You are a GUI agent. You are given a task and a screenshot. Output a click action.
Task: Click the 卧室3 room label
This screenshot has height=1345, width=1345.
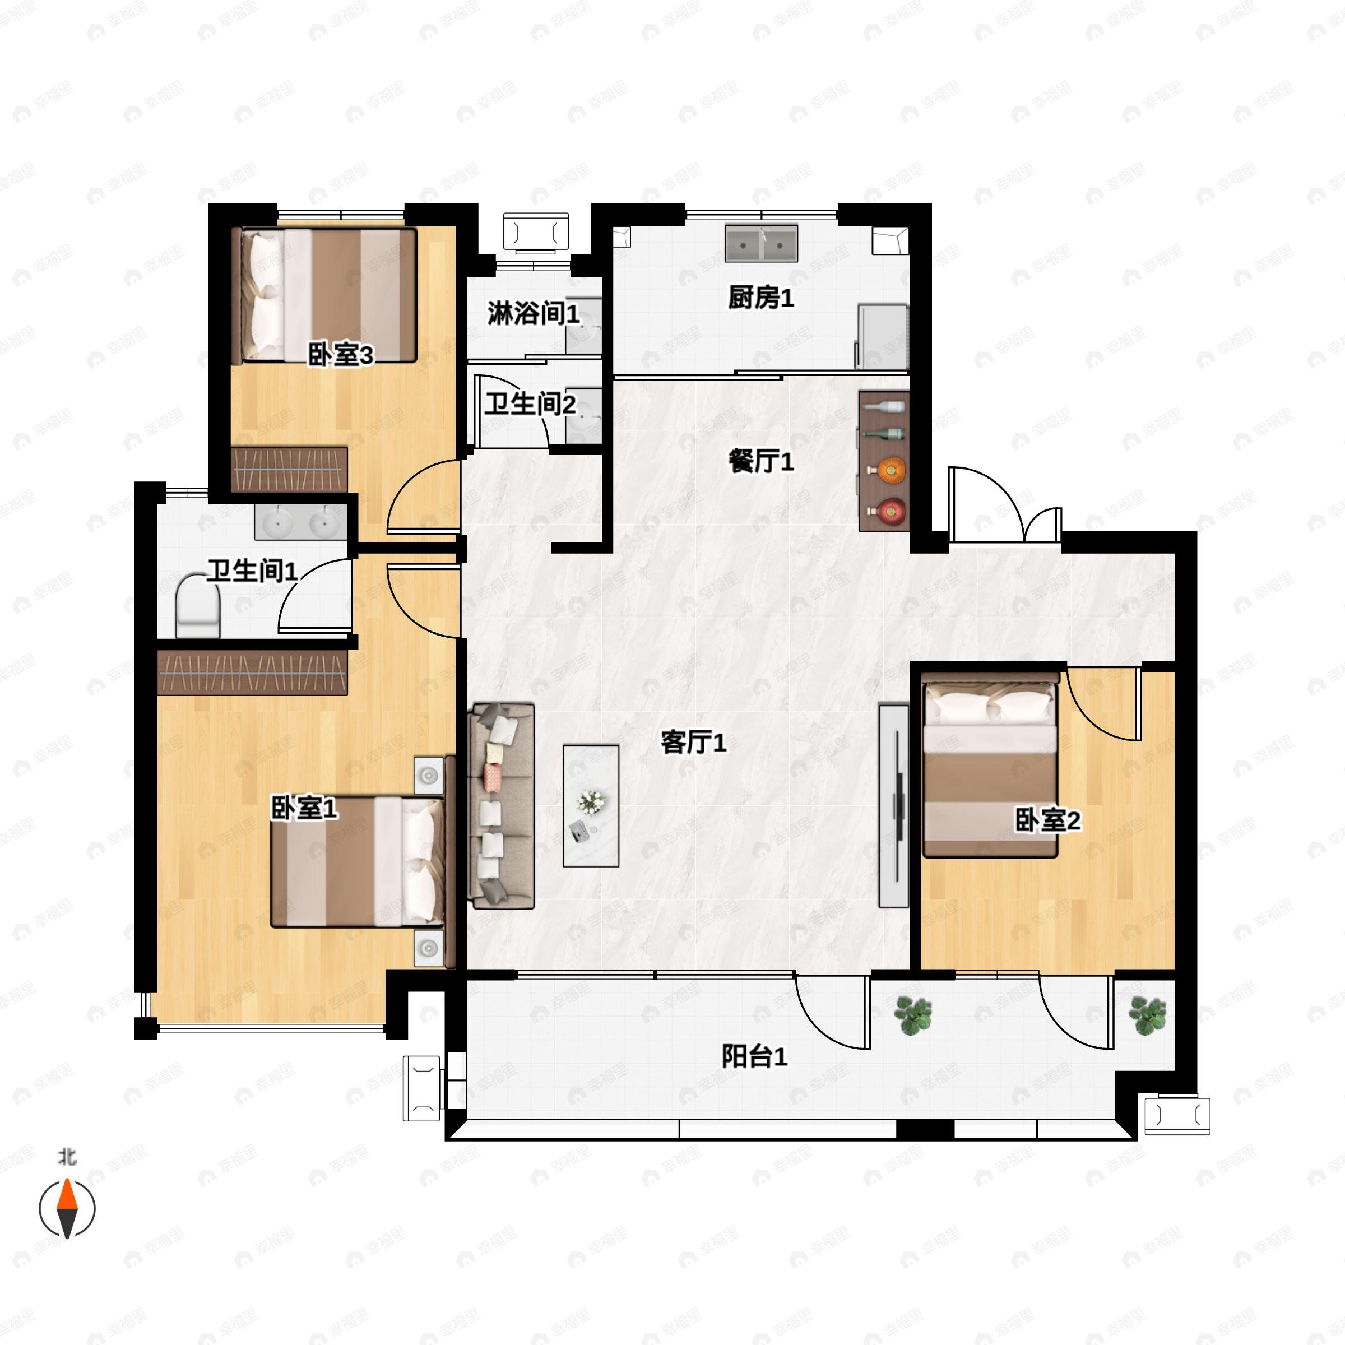[340, 355]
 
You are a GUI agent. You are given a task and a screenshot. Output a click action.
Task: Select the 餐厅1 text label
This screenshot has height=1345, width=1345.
[761, 461]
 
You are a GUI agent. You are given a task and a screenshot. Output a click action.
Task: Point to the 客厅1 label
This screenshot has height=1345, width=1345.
[693, 742]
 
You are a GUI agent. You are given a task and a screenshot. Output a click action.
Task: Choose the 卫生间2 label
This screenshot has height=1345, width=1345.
[531, 403]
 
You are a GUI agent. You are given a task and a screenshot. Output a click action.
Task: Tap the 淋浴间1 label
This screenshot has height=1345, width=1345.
[534, 313]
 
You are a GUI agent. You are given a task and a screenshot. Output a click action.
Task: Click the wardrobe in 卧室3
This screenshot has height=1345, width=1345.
[289, 469]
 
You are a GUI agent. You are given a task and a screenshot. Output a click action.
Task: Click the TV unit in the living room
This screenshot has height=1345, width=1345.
[894, 805]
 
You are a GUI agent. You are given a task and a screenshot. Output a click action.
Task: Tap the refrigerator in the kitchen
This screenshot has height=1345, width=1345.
[883, 337]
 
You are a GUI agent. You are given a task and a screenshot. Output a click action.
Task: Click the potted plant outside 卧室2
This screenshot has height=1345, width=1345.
[1147, 1015]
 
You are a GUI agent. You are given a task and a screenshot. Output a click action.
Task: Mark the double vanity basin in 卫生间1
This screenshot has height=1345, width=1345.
[300, 521]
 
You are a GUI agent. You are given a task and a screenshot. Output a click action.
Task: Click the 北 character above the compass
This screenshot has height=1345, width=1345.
[67, 1156]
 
